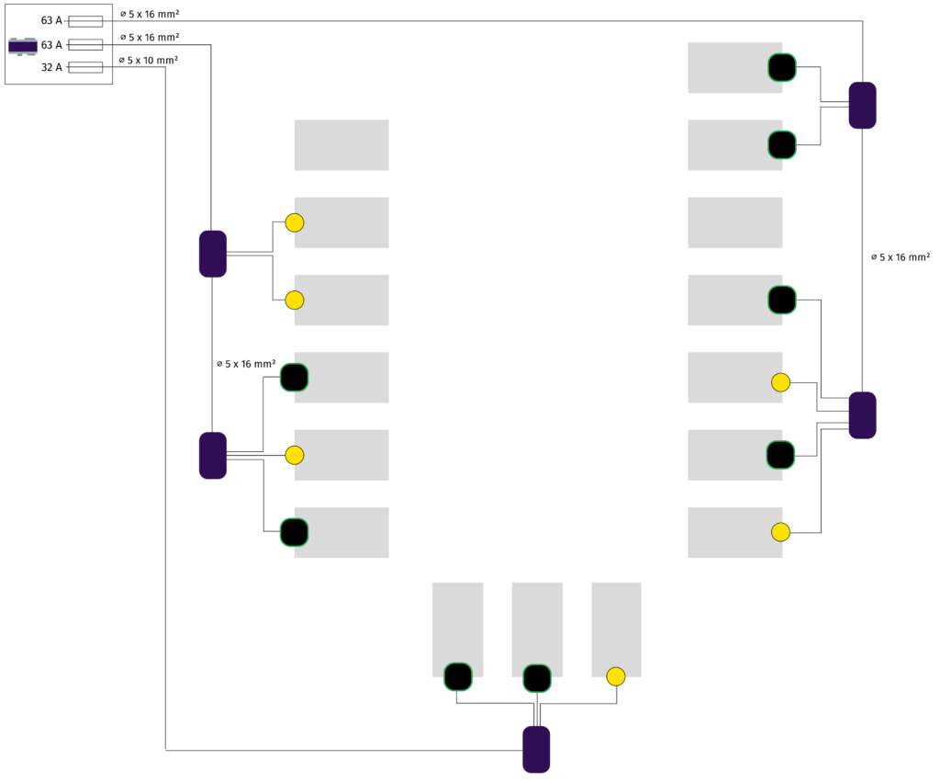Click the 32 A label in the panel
coord(51,67)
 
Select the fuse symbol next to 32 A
coord(85,67)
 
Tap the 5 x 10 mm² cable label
coord(149,60)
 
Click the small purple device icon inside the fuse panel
coord(22,46)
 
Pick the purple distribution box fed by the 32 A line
coord(536,749)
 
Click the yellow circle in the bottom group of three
coord(616,676)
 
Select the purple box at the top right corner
coord(862,105)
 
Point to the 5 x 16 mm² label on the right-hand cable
coord(901,257)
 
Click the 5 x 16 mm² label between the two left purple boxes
coord(246,364)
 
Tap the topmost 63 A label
coord(51,20)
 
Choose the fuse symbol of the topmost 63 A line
coord(85,21)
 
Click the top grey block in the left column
coord(341,145)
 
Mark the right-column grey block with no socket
coord(735,222)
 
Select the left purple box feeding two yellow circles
coord(213,254)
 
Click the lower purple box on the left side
coord(213,455)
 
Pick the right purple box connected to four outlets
coord(862,415)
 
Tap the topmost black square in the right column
coord(781,67)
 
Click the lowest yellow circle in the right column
coord(780,531)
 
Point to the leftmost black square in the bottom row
coord(458,676)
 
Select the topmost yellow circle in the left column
coord(295,222)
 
